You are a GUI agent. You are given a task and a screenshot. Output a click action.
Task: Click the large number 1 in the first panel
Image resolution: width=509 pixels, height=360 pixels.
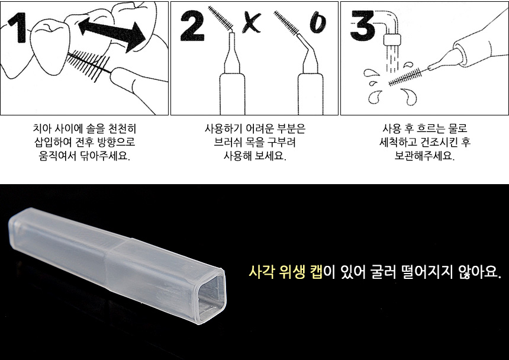(18, 28)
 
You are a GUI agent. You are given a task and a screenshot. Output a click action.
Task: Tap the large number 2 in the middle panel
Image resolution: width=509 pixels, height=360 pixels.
(192, 25)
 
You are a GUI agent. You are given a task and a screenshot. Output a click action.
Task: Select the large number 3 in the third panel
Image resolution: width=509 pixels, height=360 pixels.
(363, 25)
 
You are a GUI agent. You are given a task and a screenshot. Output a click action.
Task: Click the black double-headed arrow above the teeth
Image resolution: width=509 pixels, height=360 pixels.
(112, 34)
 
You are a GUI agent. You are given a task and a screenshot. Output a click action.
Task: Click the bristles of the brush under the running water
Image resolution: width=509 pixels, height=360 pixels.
(405, 77)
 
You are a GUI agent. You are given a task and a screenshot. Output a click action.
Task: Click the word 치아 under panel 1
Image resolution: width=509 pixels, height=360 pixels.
(42, 128)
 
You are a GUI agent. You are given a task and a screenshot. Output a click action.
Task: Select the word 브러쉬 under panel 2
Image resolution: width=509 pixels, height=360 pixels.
(227, 142)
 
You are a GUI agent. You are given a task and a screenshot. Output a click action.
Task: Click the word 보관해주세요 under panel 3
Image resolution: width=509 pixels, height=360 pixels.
(424, 156)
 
